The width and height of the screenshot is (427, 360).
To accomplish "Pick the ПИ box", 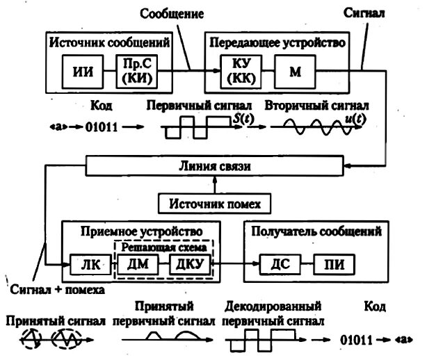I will [x=333, y=264].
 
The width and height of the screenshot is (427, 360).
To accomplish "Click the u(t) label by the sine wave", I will [x=359, y=120].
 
